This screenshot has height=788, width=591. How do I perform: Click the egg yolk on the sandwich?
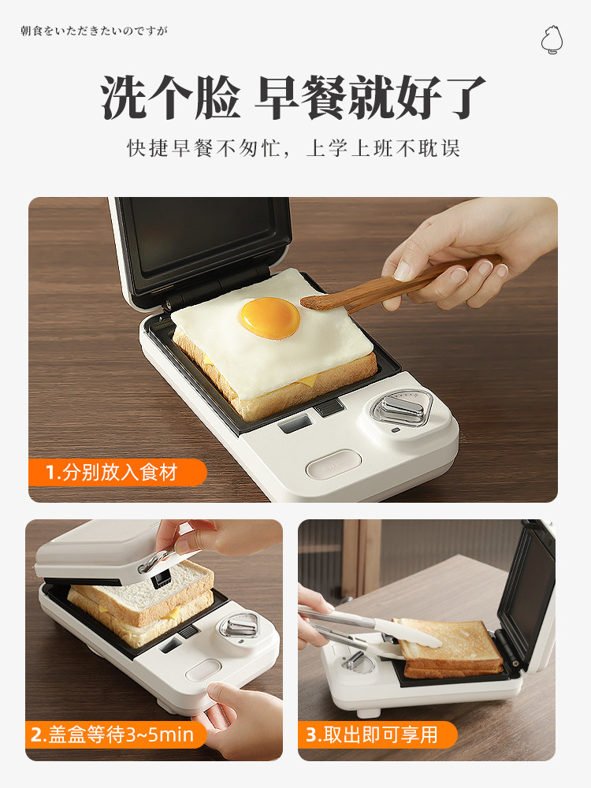(x=269, y=318)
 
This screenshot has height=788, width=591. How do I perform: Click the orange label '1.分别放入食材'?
(x=117, y=472)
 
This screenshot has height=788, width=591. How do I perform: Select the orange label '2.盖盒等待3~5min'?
(x=116, y=734)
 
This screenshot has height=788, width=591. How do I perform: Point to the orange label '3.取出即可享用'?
(x=377, y=734)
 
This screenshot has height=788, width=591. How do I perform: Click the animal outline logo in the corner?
(x=552, y=39)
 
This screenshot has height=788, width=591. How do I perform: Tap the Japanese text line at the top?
(x=94, y=32)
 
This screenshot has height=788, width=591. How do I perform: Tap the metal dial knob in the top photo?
(x=401, y=409)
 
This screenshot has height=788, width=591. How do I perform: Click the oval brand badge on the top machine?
(x=333, y=465)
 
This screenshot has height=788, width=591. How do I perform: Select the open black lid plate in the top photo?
(x=201, y=249)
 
